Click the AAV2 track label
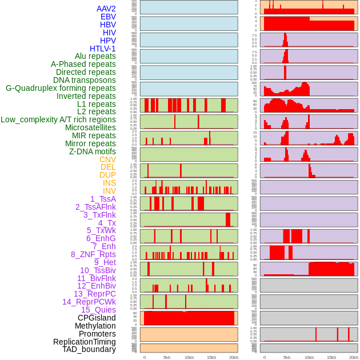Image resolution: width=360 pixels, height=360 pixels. [106, 9]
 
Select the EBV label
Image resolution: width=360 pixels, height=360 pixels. [107, 17]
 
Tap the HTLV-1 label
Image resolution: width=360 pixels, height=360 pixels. [102, 49]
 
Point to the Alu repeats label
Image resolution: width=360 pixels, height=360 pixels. [95, 56]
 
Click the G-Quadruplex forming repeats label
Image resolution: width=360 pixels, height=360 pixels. [61, 88]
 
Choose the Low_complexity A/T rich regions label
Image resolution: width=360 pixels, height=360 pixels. [58, 119]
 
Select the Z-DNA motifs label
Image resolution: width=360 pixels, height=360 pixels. [93, 151]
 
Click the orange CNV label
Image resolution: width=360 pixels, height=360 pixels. [107, 159]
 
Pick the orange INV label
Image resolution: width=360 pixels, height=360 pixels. [109, 191]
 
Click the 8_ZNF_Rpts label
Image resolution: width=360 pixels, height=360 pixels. [93, 254]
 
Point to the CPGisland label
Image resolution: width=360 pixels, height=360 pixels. [97, 318]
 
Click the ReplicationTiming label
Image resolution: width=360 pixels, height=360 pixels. [85, 342]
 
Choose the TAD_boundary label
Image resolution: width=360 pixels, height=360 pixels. [89, 349]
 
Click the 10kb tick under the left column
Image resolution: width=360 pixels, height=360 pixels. [189, 357]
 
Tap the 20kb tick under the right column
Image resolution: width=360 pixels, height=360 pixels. [354, 357]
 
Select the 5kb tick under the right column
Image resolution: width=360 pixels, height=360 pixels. [287, 357]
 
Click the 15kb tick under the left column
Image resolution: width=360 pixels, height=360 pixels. [211, 357]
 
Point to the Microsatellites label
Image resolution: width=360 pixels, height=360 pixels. [90, 127]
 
